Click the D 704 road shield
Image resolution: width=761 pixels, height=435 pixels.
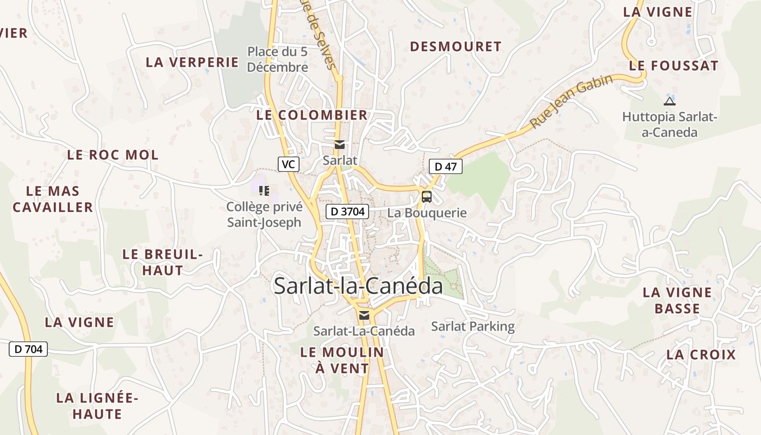click(28, 349)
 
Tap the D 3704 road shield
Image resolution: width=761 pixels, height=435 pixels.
click(347, 212)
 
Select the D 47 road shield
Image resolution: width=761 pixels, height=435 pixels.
click(445, 166)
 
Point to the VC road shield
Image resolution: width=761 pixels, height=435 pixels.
click(289, 164)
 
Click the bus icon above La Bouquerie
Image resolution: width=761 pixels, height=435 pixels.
click(427, 196)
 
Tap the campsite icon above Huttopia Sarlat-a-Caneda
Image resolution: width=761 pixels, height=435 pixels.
click(670, 101)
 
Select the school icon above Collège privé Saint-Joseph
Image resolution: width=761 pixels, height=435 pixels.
click(264, 190)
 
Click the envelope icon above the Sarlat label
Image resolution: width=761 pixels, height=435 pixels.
click(340, 145)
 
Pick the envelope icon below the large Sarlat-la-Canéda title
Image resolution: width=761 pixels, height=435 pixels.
click(364, 315)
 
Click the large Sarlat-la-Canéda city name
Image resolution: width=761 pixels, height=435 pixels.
click(358, 286)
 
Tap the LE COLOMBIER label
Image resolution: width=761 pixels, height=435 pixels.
click(312, 115)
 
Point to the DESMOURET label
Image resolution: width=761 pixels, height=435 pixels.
click(456, 47)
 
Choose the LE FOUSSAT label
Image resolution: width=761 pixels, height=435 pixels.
click(673, 66)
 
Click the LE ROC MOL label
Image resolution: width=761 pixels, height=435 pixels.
click(113, 155)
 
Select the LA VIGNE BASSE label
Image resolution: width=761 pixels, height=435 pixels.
click(677, 300)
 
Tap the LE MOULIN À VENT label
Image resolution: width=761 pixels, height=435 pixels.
click(342, 360)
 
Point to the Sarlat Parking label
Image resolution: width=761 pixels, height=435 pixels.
click(472, 326)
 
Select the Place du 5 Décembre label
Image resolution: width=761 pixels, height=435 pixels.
click(278, 59)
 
